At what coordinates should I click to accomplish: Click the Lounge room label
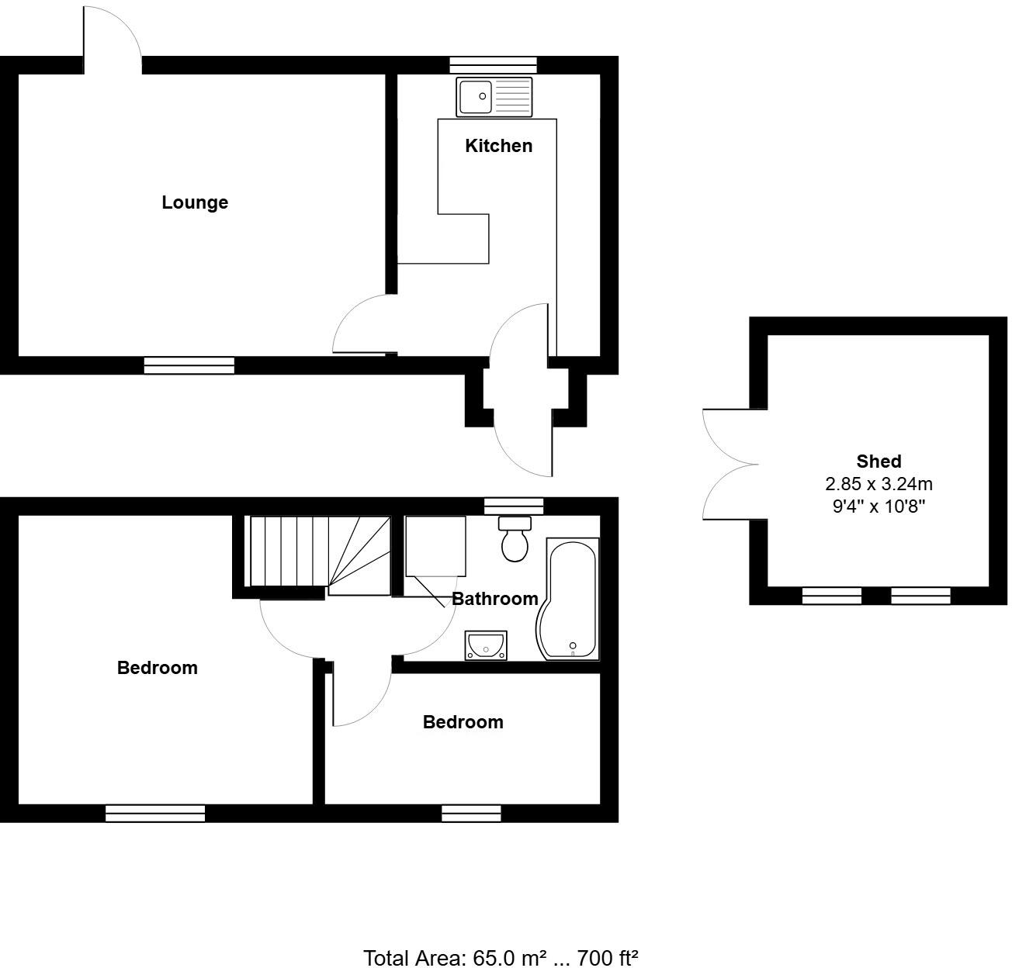tap(195, 202)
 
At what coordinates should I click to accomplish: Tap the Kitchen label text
tap(498, 146)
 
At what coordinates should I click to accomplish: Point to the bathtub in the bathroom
tap(570, 599)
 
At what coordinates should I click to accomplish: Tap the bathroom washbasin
tap(486, 645)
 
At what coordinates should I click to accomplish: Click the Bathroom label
tap(494, 599)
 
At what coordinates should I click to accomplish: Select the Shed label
tap(879, 462)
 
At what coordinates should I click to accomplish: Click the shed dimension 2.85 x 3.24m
tap(879, 484)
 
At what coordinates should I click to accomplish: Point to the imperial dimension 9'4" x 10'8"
tap(879, 507)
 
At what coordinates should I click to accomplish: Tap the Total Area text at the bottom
tap(501, 958)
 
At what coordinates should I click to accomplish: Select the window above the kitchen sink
tap(494, 65)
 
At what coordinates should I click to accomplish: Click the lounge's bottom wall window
tap(189, 365)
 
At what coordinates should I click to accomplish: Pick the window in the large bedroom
tap(155, 813)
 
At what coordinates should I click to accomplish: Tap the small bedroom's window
tap(471, 813)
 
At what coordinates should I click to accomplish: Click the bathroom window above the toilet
tap(514, 506)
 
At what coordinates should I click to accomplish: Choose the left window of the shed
tap(831, 596)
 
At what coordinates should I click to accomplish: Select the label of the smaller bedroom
tap(463, 722)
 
